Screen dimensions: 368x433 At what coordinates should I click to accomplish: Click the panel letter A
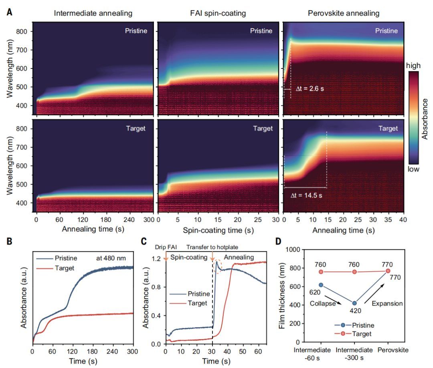coord(9,12)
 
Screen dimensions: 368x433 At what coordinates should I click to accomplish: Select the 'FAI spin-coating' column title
coord(218,14)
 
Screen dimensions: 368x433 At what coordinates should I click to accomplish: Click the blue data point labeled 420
coord(354,303)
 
